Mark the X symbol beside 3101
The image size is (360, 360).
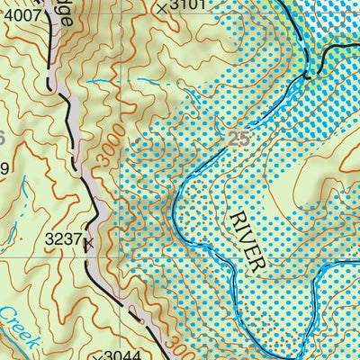pos(161,8)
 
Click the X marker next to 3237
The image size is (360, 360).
pos(87,243)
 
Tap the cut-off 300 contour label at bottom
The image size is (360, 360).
pos(176,349)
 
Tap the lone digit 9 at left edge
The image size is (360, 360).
pos(4,167)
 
